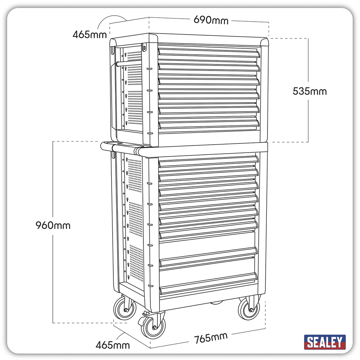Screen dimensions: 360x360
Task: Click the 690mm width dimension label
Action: [211, 20]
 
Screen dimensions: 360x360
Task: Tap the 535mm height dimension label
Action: [310, 91]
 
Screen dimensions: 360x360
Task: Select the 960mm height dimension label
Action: [53, 225]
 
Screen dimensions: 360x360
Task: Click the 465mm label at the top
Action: [90, 35]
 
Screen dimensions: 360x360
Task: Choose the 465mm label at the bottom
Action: [112, 345]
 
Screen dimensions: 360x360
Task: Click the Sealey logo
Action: [325, 342]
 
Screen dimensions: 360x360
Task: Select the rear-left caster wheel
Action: [125, 308]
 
